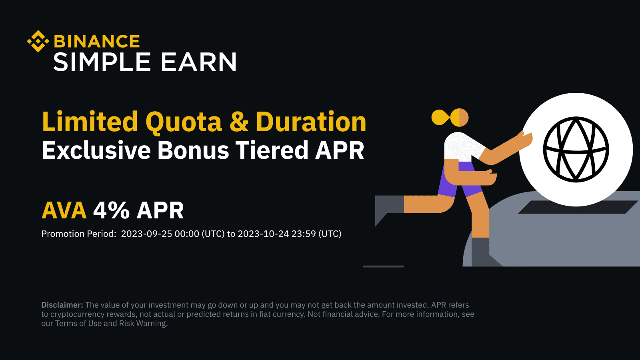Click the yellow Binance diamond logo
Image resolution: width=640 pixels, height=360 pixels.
[38, 41]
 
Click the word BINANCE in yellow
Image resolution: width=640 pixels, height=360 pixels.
[97, 42]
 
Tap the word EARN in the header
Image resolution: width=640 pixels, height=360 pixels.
[199, 62]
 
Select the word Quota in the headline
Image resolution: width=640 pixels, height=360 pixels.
[184, 122]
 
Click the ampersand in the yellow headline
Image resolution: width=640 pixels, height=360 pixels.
[239, 122]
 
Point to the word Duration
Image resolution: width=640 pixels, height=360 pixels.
[311, 122]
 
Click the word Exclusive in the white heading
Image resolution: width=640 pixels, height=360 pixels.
[96, 150]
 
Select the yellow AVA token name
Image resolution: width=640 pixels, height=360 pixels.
[64, 210]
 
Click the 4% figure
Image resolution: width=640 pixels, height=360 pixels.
[112, 210]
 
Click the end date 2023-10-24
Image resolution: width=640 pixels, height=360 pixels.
[263, 234]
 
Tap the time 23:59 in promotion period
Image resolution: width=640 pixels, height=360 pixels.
[304, 234]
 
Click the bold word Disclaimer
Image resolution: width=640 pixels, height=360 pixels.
[62, 305]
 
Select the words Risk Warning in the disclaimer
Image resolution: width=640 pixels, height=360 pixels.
[143, 324]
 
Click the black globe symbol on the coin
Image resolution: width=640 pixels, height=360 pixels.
[576, 149]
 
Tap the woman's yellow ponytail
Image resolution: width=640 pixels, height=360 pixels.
[440, 118]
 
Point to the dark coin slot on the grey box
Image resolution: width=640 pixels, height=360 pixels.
[577, 207]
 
